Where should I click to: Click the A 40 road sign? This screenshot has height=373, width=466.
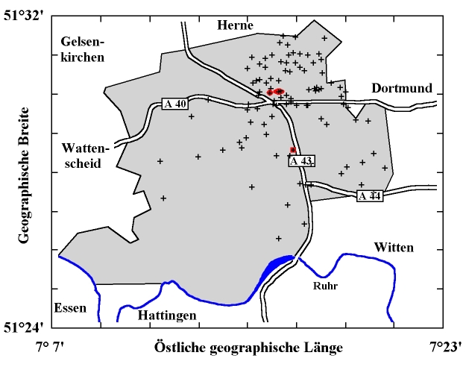point(174,104)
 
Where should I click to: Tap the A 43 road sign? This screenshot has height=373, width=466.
point(302,161)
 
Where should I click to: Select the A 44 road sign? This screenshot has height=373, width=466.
point(369,196)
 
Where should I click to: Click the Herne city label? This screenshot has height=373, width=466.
point(235,26)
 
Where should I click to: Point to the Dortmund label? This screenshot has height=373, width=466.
point(402,88)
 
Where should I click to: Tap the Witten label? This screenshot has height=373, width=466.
point(393,247)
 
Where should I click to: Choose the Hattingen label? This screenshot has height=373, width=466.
point(167,316)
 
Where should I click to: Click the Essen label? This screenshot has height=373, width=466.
point(70,308)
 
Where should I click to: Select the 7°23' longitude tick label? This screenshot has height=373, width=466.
point(444,348)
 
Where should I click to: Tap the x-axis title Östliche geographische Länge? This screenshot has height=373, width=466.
point(248,348)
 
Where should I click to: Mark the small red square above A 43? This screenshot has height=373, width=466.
point(293,150)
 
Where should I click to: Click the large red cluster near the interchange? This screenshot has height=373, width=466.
point(275,92)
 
